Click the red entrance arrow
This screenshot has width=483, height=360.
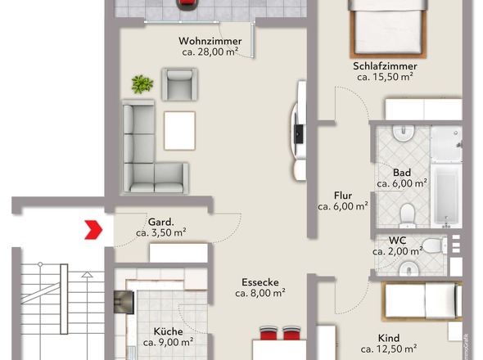[x=93, y=230]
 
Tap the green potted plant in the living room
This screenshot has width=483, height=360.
[x=142, y=84]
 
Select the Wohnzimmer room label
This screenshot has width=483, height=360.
[x=210, y=41]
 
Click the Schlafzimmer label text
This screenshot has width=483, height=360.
[x=385, y=66]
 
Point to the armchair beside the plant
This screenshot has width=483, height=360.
[x=179, y=84]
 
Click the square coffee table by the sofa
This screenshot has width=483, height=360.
[x=179, y=131]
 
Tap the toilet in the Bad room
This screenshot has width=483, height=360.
[x=408, y=215]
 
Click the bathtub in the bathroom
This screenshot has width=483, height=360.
[x=446, y=196]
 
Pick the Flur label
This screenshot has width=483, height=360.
[x=343, y=196]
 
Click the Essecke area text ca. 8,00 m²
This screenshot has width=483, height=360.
[x=260, y=293]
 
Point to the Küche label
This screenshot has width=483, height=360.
[x=168, y=331]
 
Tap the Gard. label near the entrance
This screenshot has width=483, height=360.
[x=160, y=222]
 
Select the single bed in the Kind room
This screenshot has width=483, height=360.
[x=422, y=301]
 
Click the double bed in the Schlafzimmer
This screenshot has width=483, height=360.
[x=388, y=29]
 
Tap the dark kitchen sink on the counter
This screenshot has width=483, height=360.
[x=124, y=302]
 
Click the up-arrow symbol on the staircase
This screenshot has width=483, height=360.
[x=87, y=275]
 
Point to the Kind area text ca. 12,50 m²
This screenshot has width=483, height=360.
[x=389, y=349]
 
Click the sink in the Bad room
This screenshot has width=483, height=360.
[x=403, y=133]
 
